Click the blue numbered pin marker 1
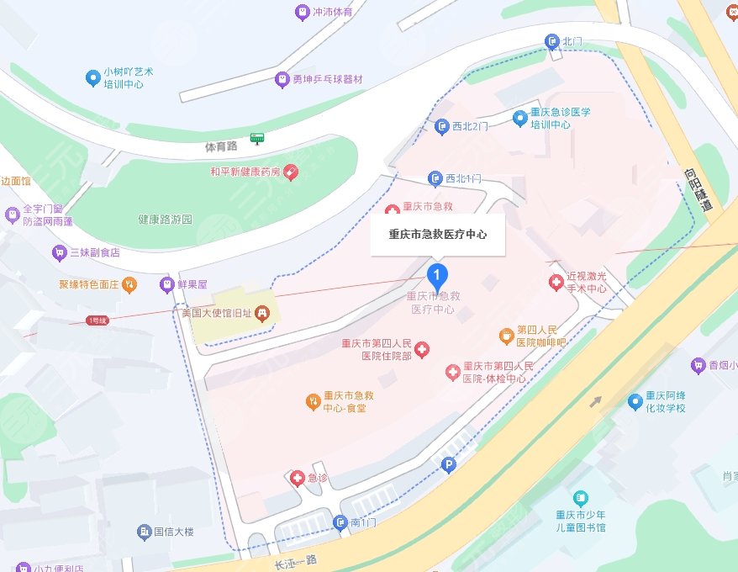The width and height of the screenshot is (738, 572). click(x=437, y=275)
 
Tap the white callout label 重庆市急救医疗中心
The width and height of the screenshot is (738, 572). click(x=437, y=235)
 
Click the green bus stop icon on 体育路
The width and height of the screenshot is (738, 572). click(x=256, y=138)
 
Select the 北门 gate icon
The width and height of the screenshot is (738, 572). click(x=551, y=40)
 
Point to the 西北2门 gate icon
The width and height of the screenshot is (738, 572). click(x=442, y=127)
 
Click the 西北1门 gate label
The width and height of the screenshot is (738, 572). click(x=463, y=178)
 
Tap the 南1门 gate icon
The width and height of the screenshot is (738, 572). click(x=340, y=523)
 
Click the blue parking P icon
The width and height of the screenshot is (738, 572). click(x=449, y=463)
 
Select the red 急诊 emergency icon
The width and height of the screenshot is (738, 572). click(x=297, y=478)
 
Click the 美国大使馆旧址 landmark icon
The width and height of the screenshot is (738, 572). click(x=262, y=313)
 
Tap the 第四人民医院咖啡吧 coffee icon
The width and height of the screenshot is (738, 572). click(x=506, y=336)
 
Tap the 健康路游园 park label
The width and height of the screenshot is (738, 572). click(x=165, y=220)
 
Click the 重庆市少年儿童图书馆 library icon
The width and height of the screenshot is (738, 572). click(x=579, y=499)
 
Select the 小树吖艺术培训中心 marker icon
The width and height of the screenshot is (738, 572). click(x=93, y=78)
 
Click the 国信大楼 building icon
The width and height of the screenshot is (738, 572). click(x=144, y=532)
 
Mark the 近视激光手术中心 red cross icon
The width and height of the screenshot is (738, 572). click(x=556, y=283)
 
